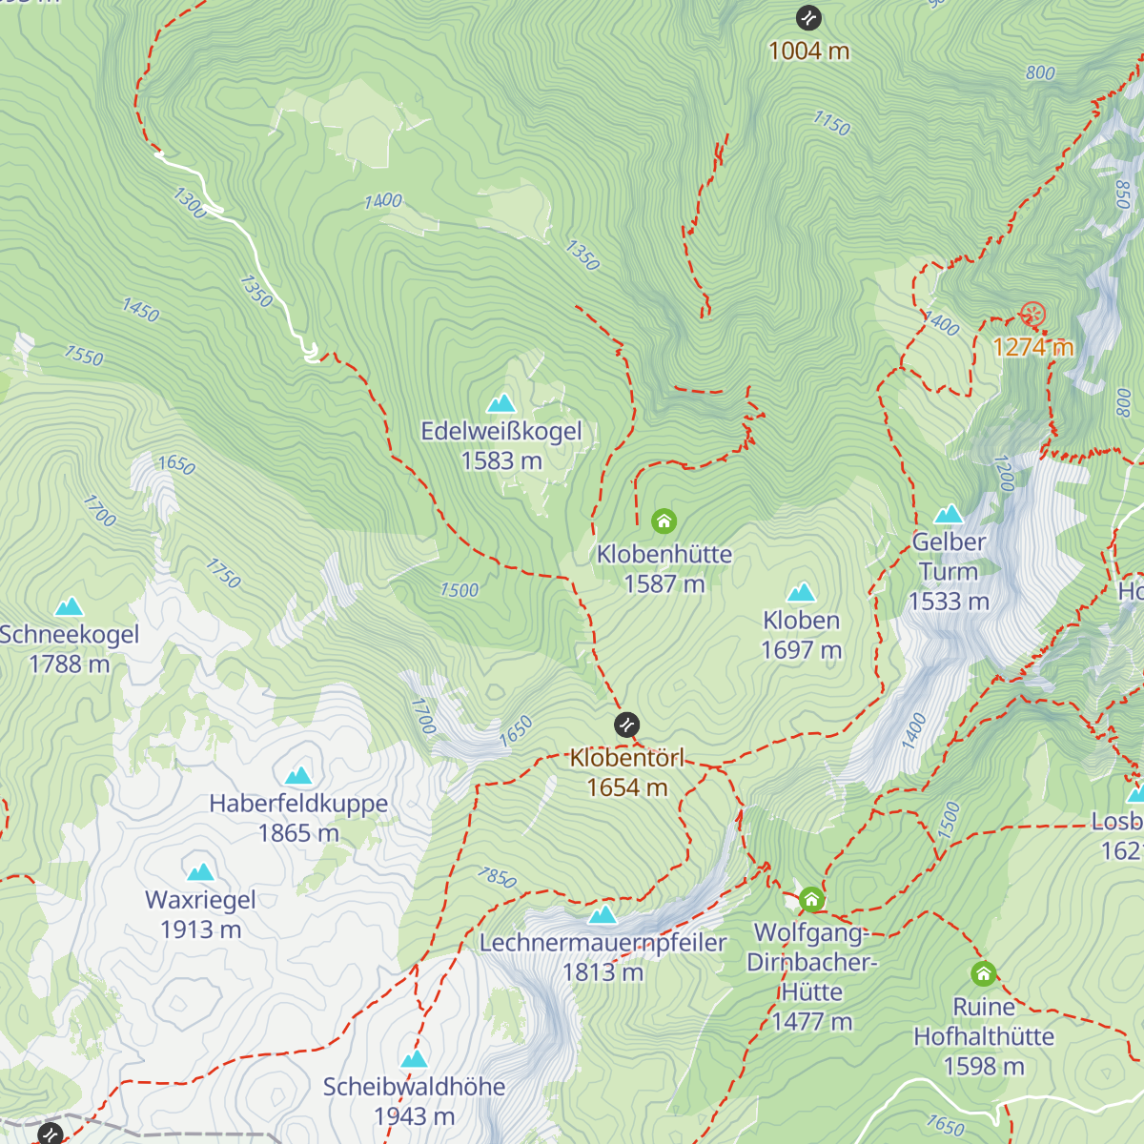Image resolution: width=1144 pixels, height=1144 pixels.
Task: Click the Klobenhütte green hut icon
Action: coord(664,521)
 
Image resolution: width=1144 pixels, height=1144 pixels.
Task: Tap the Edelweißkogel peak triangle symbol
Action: coord(501,403)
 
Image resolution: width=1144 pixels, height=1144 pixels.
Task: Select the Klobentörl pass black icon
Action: coord(626,725)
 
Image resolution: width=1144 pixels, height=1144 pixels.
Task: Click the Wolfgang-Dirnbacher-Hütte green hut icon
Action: coord(811,899)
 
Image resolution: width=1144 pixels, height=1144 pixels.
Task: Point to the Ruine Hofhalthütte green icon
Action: coord(984,973)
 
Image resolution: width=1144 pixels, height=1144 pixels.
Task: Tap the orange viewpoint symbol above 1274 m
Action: coord(1032,315)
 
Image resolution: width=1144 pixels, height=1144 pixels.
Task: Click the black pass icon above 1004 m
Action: coord(808,17)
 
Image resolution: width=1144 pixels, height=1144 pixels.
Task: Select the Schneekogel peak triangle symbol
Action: coord(69,606)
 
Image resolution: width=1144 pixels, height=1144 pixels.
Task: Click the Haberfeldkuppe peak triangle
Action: coord(298,775)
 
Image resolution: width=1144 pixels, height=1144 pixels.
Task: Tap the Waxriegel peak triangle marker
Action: coord(200,871)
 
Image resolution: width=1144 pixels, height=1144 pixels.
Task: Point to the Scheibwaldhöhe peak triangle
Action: coord(414,1058)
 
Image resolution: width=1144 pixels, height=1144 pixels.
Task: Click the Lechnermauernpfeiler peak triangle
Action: coord(602,915)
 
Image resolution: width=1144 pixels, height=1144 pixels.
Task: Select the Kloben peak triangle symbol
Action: coord(801,592)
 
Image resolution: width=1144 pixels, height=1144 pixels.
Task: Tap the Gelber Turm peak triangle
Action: coord(948,515)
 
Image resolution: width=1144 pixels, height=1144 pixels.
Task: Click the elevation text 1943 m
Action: coord(414,1115)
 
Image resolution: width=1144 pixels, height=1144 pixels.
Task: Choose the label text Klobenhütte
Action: coord(664,554)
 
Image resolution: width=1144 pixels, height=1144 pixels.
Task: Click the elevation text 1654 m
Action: coord(626,787)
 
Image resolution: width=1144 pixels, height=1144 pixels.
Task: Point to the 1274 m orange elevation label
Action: coord(1032,347)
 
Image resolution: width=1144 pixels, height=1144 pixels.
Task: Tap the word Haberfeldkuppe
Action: coord(298,804)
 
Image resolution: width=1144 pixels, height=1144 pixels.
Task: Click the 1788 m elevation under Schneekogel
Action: coord(69,664)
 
